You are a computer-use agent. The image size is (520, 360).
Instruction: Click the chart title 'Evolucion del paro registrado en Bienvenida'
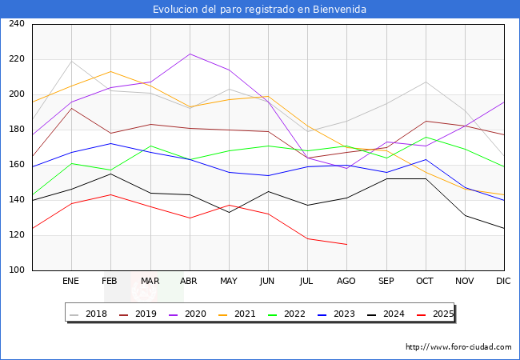260,10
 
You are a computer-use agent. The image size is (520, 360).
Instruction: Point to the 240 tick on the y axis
16,24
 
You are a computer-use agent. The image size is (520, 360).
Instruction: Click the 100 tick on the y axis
16,270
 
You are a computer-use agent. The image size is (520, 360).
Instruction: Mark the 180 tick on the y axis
16,130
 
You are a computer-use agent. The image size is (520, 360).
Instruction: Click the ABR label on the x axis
189,281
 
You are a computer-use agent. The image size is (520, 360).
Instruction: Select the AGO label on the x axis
346,281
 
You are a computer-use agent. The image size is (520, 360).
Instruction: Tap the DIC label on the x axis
503,281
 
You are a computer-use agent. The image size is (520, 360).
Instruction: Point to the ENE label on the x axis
71,281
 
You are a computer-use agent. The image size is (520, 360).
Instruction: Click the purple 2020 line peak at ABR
190,54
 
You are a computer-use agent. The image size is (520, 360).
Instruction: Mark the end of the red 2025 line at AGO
346,244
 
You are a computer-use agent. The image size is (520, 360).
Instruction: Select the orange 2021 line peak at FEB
111,71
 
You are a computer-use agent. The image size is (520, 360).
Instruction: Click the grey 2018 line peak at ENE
72,61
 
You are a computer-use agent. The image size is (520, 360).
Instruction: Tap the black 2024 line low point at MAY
229,212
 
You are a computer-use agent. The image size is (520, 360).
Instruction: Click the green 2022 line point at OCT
425,137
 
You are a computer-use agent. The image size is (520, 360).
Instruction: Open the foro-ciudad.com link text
458,347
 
